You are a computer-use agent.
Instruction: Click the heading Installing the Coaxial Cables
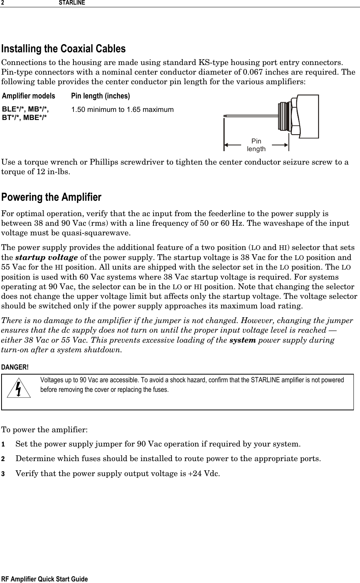(63, 49)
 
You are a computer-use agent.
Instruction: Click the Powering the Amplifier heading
(52, 197)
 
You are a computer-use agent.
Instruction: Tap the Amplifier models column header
(28, 96)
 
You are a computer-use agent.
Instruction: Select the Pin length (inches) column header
(100, 96)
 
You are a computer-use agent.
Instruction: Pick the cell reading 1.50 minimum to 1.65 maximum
(122, 110)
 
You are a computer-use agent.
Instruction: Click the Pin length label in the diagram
(256, 145)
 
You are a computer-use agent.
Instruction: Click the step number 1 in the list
(3, 445)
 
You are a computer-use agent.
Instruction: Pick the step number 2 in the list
(3, 459)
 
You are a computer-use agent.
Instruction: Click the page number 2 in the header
(2, 3)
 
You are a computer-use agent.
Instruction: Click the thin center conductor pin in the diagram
(250, 115)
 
